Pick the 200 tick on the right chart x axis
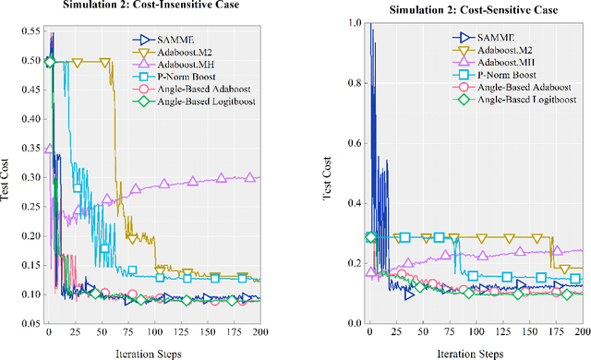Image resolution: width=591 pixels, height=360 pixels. point(582,332)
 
